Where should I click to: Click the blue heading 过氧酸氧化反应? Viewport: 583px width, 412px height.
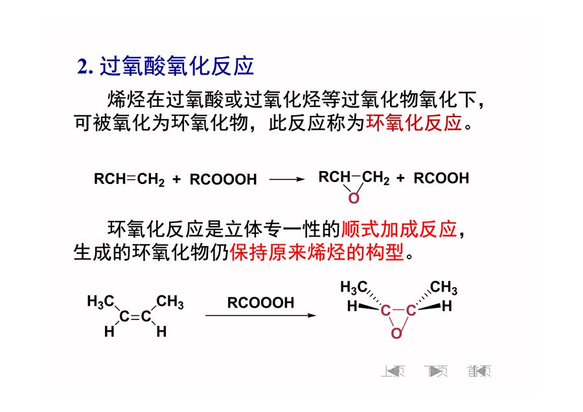click(177, 67)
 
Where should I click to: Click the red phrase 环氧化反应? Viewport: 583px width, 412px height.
click(414, 122)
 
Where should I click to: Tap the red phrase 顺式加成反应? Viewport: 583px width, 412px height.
click(399, 229)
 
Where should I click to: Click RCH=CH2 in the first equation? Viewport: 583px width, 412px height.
click(129, 179)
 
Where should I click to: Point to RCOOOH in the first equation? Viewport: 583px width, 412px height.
click(223, 179)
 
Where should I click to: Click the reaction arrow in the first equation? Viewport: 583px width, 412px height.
click(287, 179)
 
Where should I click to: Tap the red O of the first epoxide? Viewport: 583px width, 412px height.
click(354, 198)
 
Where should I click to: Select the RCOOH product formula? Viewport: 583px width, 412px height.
click(441, 178)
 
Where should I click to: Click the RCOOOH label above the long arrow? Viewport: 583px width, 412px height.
click(260, 303)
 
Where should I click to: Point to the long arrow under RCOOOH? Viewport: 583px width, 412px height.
click(260, 315)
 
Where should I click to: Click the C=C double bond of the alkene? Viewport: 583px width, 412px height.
click(135, 316)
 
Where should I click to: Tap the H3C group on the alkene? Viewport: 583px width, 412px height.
click(100, 301)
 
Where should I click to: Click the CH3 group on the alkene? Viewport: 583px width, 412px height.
click(170, 302)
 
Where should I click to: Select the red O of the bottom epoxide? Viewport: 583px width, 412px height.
click(396, 333)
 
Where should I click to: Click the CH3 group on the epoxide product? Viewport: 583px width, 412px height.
click(444, 288)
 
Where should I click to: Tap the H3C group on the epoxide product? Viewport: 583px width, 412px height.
click(354, 288)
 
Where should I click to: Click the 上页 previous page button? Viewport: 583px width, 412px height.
click(393, 371)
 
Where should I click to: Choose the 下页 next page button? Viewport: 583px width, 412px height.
click(436, 371)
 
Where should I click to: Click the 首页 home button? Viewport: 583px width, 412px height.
click(479, 371)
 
